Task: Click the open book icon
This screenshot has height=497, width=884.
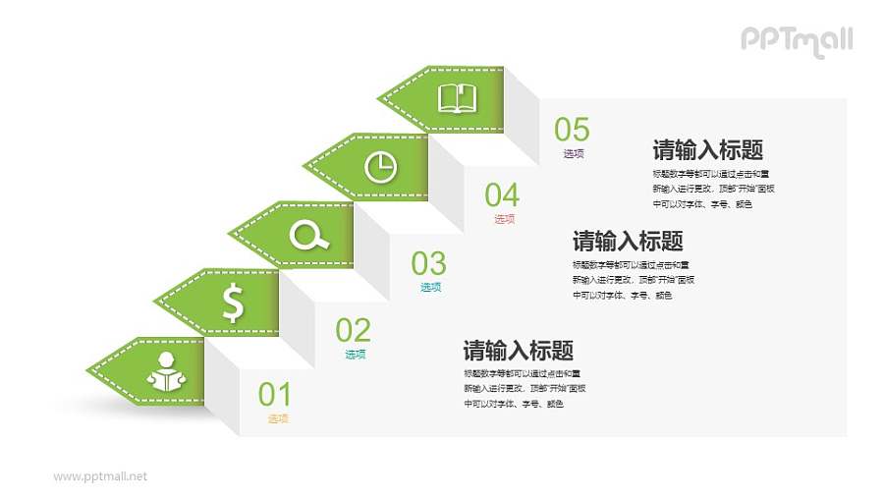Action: [457, 98]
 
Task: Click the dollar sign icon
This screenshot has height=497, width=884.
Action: [233, 303]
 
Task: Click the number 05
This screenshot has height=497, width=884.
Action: [572, 130]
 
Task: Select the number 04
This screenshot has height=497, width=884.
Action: [502, 194]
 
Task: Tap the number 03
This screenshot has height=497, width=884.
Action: [428, 263]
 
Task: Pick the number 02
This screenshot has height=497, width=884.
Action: [354, 329]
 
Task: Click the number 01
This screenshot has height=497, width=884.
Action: [275, 395]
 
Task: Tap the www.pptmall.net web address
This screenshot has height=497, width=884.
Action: [100, 476]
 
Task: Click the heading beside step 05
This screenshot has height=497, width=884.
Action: [708, 150]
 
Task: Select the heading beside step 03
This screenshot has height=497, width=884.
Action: [628, 241]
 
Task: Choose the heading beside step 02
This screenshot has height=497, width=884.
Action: [518, 351]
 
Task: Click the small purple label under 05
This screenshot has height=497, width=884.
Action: [574, 154]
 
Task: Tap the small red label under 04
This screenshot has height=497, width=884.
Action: [504, 219]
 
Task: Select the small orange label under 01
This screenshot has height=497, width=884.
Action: [278, 419]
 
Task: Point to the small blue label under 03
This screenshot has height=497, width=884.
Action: [430, 288]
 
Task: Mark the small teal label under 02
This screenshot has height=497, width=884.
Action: [355, 355]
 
